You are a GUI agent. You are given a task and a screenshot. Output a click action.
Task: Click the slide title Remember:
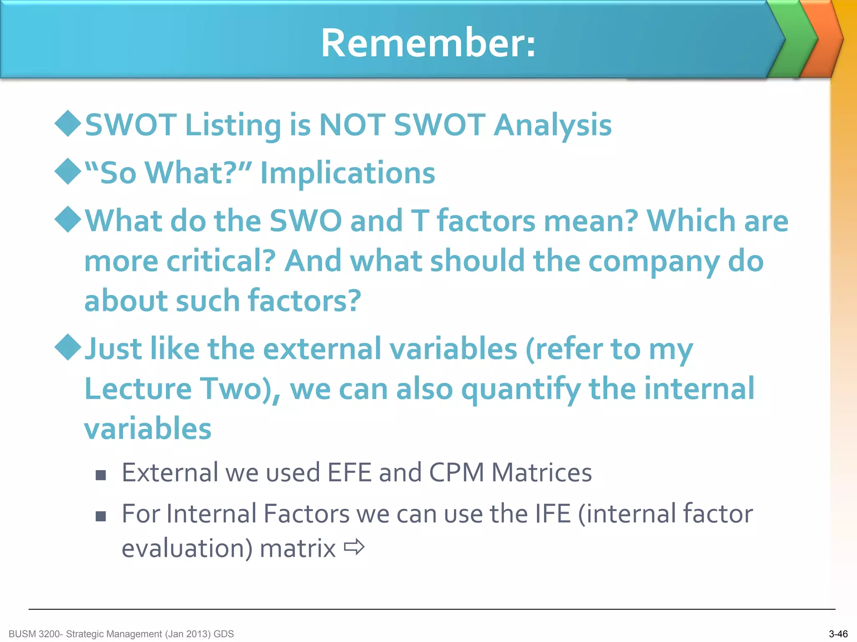(x=428, y=43)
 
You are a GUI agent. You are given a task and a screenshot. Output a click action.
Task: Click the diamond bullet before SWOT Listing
(x=68, y=123)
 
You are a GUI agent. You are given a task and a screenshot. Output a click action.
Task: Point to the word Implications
(x=347, y=173)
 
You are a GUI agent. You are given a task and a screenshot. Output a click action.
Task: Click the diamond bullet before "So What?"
(x=68, y=171)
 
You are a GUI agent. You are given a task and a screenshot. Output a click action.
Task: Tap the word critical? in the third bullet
(x=221, y=261)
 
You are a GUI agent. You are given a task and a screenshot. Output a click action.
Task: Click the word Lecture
(x=138, y=389)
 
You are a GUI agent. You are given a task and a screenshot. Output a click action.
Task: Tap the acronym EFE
(x=349, y=472)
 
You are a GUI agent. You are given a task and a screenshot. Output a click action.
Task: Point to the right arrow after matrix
(x=354, y=547)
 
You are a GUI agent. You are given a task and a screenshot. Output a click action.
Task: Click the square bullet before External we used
(x=100, y=475)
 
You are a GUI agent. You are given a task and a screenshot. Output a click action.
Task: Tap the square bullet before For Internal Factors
(x=100, y=516)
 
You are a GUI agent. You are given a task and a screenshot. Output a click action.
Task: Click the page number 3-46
(x=838, y=634)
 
